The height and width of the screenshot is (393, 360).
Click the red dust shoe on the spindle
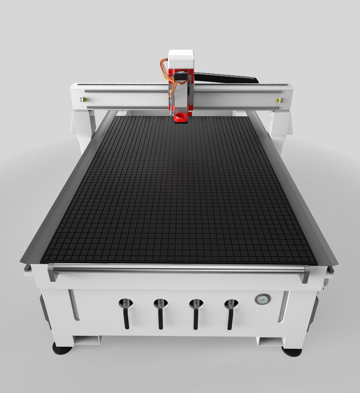coord(181,118)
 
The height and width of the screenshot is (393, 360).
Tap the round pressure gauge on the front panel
coord(262,299)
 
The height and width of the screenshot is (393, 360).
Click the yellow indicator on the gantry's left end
coord(84,99)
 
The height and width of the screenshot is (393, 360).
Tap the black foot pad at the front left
coord(62,350)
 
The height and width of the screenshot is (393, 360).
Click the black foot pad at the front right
coord(292,352)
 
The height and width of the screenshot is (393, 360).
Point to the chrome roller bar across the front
coord(178,269)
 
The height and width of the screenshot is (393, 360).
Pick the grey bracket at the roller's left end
coord(52,272)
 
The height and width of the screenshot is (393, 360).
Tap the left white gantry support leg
coord(83,127)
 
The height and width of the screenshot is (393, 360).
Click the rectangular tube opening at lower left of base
coord(87,340)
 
